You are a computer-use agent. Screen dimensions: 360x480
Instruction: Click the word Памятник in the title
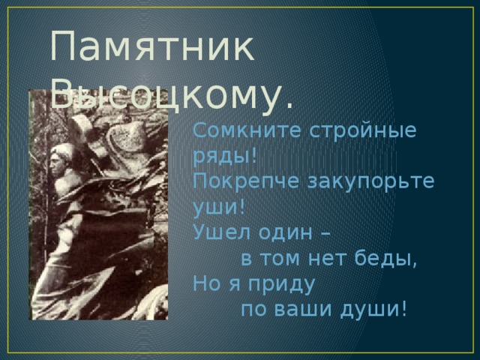coord(151,49)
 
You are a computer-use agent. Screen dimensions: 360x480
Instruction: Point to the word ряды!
coord(225,156)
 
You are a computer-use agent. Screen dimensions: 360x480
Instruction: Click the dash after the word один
coord(325,232)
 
